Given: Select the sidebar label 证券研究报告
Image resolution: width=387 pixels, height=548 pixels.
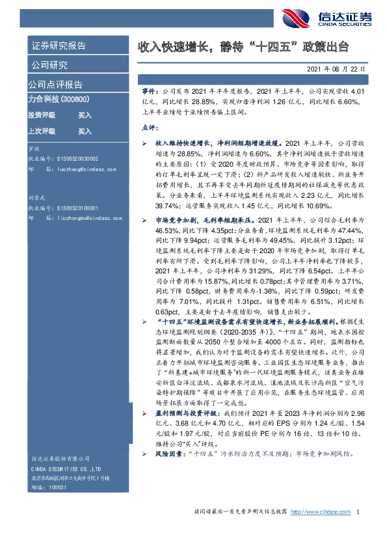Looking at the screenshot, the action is click(x=58, y=46).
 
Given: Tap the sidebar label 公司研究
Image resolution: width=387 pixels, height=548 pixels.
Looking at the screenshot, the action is click(x=49, y=65).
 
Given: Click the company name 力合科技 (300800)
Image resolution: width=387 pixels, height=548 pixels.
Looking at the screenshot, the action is click(x=59, y=100).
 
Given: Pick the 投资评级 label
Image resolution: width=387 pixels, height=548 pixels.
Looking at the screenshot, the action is click(x=41, y=115).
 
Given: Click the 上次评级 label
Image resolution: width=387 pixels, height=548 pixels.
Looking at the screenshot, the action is click(x=41, y=131).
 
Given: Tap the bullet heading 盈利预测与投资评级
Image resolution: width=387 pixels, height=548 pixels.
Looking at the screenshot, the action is click(x=186, y=413).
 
